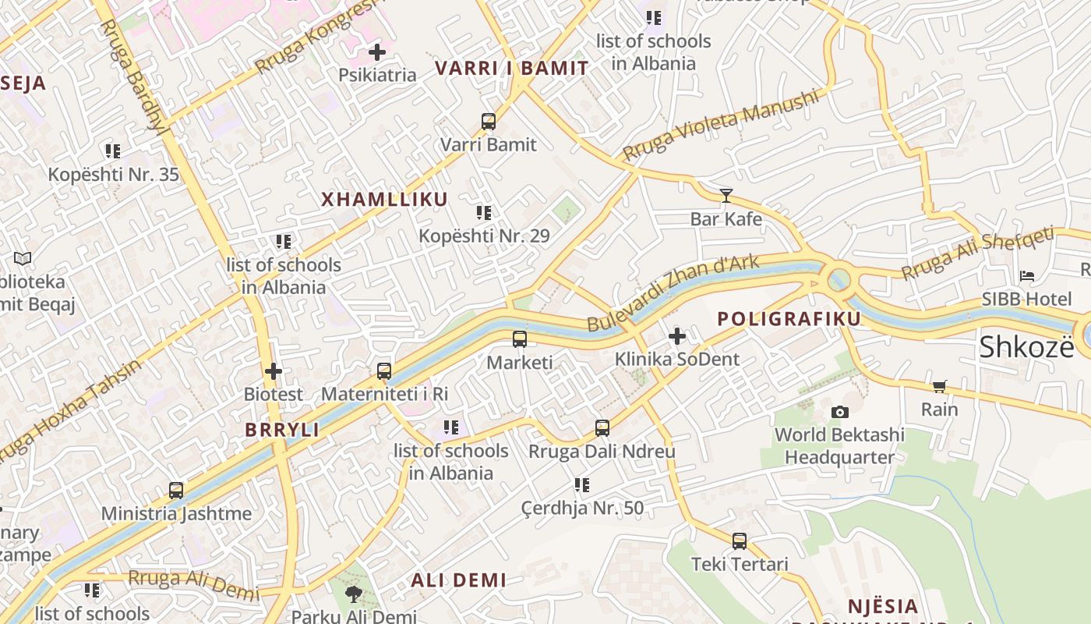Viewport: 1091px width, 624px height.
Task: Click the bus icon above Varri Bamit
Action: [489, 122]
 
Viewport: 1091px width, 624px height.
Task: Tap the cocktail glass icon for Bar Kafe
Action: [726, 195]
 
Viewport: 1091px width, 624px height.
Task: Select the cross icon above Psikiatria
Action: [377, 52]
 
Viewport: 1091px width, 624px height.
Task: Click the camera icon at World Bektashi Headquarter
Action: [839, 411]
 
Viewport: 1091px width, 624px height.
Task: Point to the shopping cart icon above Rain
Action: [940, 386]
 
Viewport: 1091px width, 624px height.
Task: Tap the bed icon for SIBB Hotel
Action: [1027, 275]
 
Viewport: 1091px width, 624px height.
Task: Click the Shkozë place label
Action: [1026, 346]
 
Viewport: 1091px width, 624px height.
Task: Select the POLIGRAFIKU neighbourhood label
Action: [789, 318]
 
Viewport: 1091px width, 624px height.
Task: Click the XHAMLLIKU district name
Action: [385, 199]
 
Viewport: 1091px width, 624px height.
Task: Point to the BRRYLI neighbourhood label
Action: [282, 430]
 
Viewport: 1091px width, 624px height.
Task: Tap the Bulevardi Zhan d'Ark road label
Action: [673, 292]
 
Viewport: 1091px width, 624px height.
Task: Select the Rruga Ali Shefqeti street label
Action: [978, 253]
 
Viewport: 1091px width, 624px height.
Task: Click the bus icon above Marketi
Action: [520, 339]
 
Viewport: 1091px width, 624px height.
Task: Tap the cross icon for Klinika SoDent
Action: [677, 336]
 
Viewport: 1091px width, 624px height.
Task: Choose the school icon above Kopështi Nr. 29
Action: [484, 212]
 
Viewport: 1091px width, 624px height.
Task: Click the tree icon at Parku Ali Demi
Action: [354, 594]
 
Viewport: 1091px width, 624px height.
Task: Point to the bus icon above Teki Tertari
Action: [740, 541]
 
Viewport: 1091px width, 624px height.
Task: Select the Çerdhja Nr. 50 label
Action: [583, 509]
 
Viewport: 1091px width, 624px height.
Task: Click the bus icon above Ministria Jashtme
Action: [176, 491]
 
